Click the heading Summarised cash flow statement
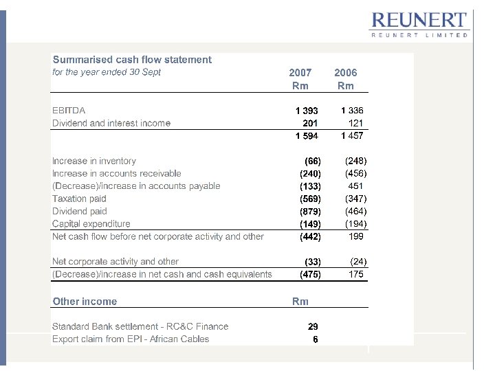click(x=132, y=60)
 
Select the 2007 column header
click(x=300, y=72)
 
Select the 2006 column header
click(x=346, y=72)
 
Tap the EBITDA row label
click(x=69, y=111)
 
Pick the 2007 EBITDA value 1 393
click(x=307, y=111)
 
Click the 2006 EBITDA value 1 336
click(x=352, y=111)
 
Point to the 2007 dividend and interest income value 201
click(x=310, y=123)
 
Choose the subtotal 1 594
click(x=307, y=136)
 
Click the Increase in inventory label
click(x=94, y=161)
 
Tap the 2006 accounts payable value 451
click(x=355, y=186)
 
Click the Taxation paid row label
click(x=79, y=199)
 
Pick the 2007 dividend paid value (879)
click(x=310, y=212)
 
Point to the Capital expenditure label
click(x=91, y=224)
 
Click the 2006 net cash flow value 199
click(x=356, y=236)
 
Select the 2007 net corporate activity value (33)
click(x=313, y=262)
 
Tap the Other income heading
click(x=85, y=302)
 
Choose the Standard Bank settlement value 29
click(x=313, y=326)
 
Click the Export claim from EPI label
click(x=131, y=339)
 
